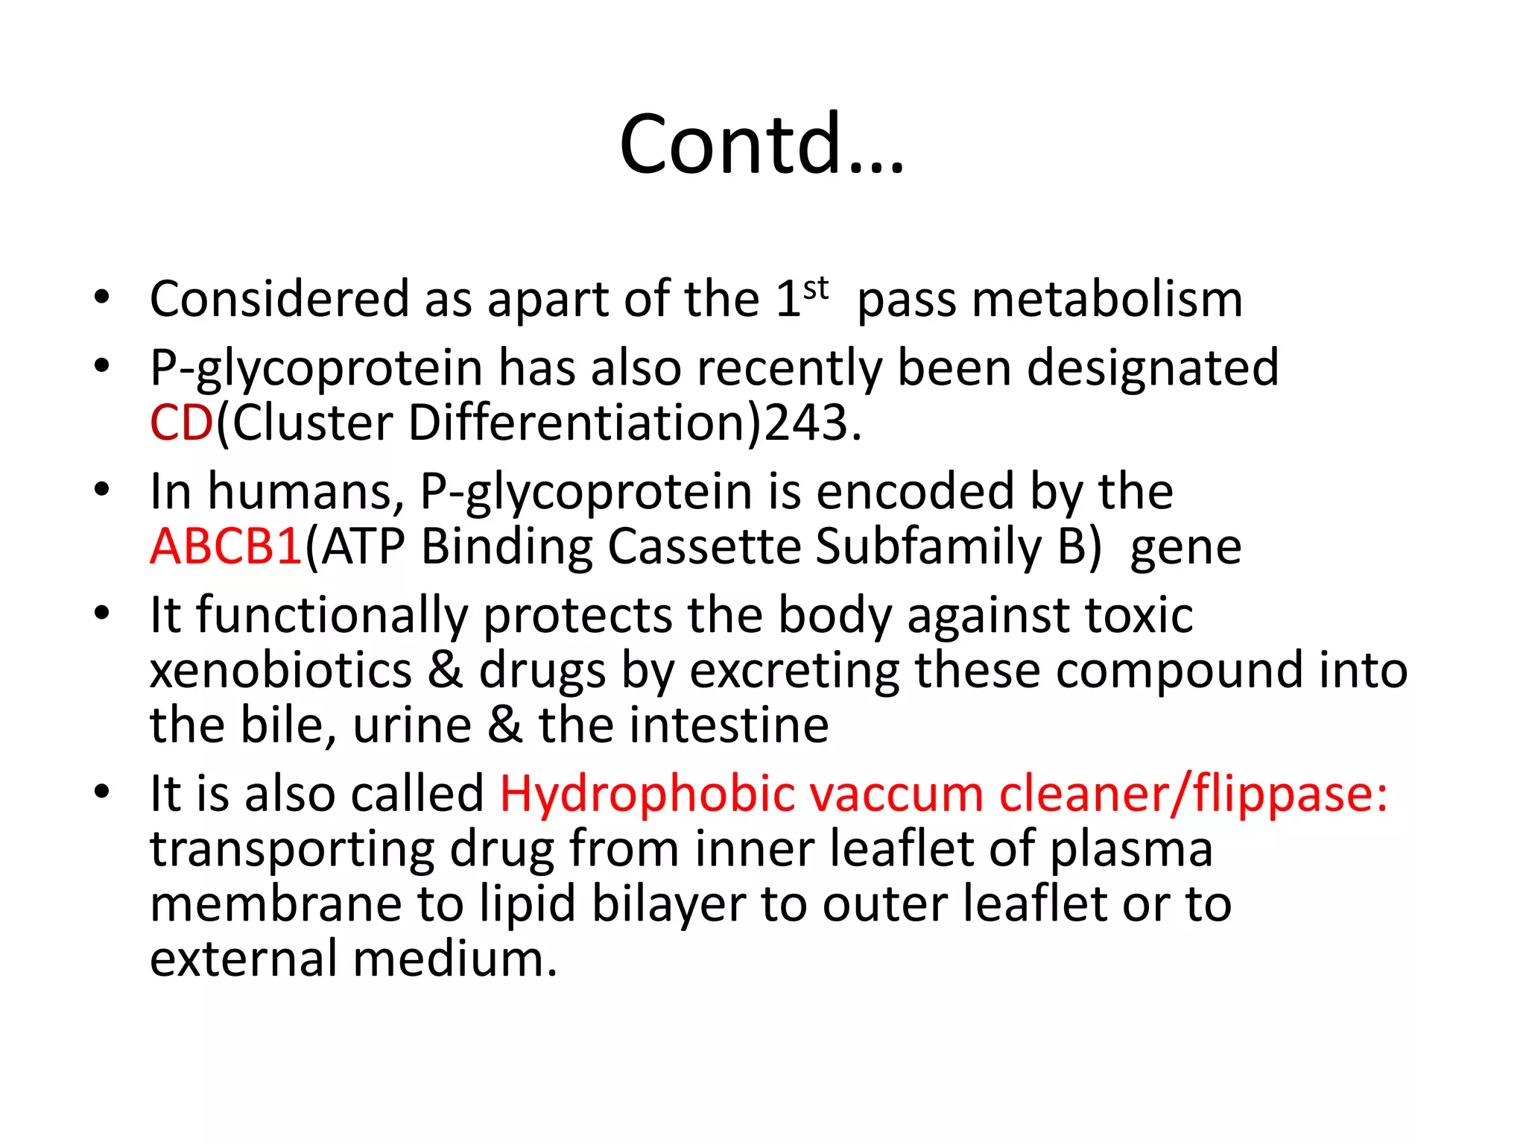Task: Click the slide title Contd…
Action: coord(762,143)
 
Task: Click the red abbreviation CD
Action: coord(182,423)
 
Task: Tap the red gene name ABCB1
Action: coord(226,546)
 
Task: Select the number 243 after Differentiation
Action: coord(806,423)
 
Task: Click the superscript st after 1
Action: coord(816,288)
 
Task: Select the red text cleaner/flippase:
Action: coord(1193,794)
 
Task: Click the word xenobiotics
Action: coord(280,670)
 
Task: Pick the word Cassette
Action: coord(703,546)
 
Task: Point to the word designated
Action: coord(1153,368)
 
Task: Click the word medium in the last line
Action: coord(455,959)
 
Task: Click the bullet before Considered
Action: coord(102,298)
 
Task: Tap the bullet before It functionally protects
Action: coord(102,613)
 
